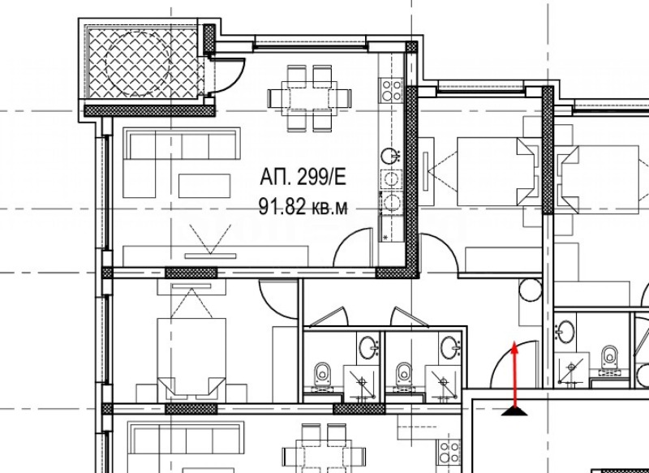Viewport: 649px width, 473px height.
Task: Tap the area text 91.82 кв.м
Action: (303, 207)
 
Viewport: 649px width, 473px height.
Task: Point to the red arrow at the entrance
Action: (514, 373)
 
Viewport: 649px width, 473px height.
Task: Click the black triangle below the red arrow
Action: (514, 411)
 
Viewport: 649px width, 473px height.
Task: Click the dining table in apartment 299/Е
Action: (311, 97)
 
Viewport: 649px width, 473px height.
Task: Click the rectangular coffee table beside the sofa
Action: (205, 182)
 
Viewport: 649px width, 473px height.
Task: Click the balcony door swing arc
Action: (230, 78)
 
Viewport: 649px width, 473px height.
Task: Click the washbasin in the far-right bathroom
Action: (565, 330)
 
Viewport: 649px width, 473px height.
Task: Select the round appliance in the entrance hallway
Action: (529, 289)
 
